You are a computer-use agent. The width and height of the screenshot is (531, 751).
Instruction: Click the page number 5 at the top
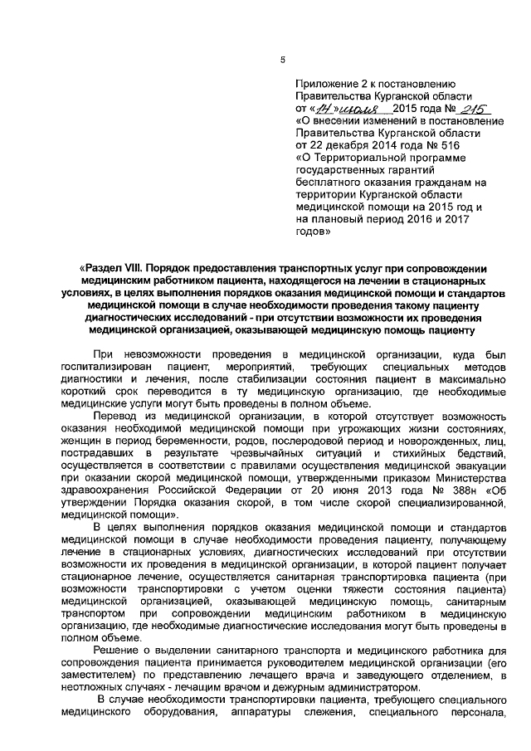coord(282,58)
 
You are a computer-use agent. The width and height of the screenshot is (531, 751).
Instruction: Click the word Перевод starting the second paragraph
coord(116,415)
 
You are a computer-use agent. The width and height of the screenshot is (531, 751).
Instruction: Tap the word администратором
coord(363,688)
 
